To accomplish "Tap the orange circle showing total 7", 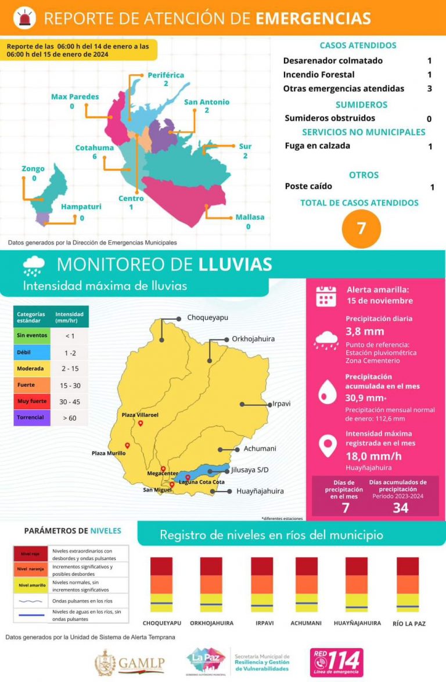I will click(x=361, y=228).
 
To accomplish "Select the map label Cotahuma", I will click(x=94, y=147).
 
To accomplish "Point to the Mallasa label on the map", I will click(x=250, y=217).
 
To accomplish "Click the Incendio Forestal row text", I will click(x=318, y=74).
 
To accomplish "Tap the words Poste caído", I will click(x=308, y=186).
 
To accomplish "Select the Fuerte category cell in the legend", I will click(x=30, y=385).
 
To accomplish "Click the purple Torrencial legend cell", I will click(x=30, y=417).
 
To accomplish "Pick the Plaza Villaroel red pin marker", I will click(x=141, y=424).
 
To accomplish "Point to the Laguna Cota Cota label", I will click(x=202, y=482).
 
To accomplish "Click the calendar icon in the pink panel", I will click(x=326, y=295).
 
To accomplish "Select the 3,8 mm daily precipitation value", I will click(x=365, y=331).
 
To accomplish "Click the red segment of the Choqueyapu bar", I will click(x=161, y=566).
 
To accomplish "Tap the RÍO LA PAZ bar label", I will click(x=408, y=623).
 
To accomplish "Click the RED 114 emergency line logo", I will click(x=336, y=662).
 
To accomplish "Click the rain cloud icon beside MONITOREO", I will click(x=34, y=265).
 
